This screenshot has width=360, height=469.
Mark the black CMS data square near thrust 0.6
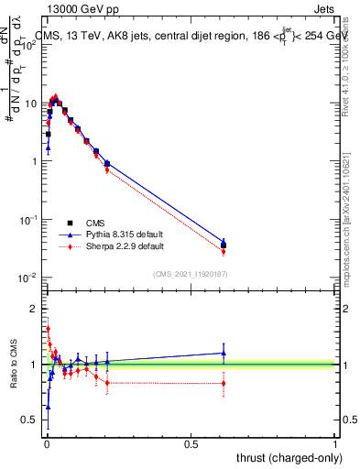(x=224, y=245)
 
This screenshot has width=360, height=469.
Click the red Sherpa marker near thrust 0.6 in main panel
(x=224, y=251)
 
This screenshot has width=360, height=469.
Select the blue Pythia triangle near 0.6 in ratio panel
(x=224, y=353)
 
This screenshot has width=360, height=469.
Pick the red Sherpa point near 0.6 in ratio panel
(x=224, y=383)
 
